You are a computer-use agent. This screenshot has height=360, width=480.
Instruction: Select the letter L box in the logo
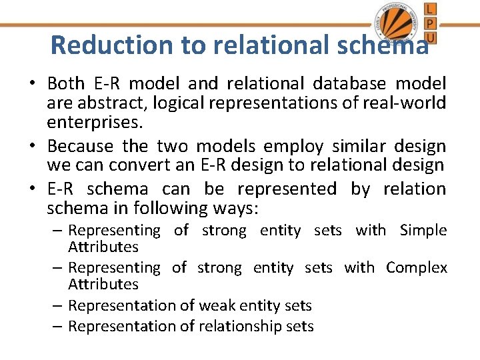pos(431,9)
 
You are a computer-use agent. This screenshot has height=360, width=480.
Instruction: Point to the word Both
pos(66,83)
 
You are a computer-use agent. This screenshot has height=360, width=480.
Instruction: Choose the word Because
pos(80,146)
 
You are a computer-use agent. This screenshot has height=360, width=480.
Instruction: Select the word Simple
pos(423,231)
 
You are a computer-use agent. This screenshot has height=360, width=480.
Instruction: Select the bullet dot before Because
pos(32,146)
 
